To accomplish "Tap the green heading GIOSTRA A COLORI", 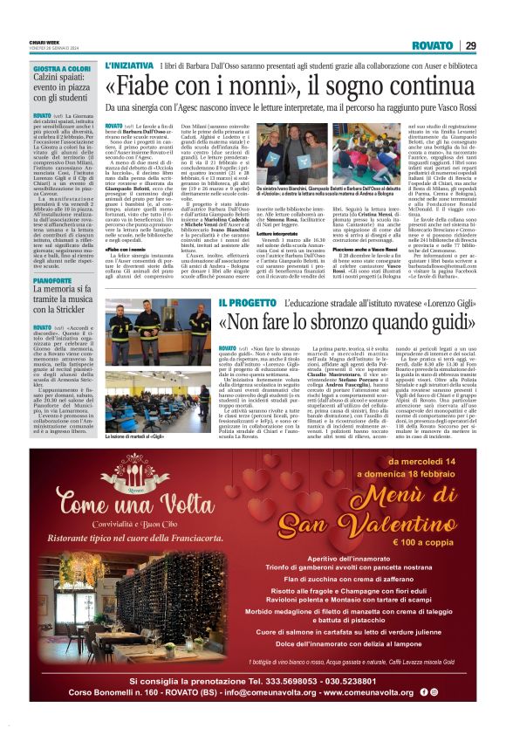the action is click(62, 68).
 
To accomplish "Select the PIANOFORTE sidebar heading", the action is click(54, 280).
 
